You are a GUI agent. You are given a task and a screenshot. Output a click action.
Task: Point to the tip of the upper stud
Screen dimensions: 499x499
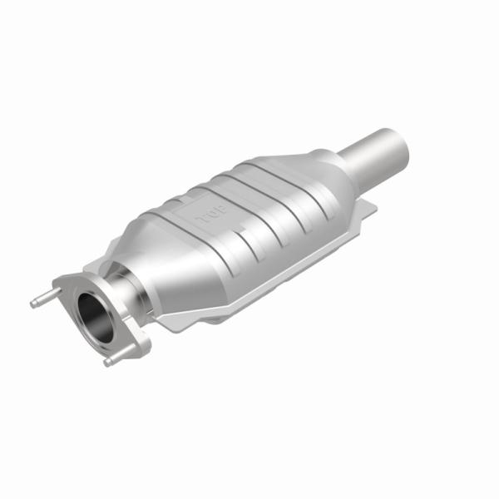[34, 304]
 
